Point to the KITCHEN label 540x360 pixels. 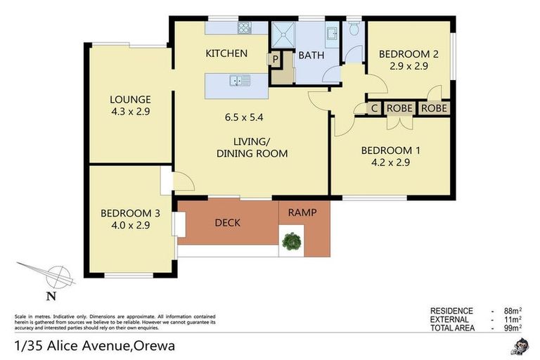tap(226, 53)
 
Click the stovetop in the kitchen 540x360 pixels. tap(244, 29)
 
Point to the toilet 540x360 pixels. tap(354, 30)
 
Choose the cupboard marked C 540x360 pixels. tap(374, 108)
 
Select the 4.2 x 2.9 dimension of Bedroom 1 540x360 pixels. tap(390, 162)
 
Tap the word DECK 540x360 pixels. tap(228, 223)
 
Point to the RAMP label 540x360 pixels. tap(302, 212)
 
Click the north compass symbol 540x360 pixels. tap(60, 274)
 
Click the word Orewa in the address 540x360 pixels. tap(154, 346)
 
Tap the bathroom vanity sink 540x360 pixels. tap(330, 32)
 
